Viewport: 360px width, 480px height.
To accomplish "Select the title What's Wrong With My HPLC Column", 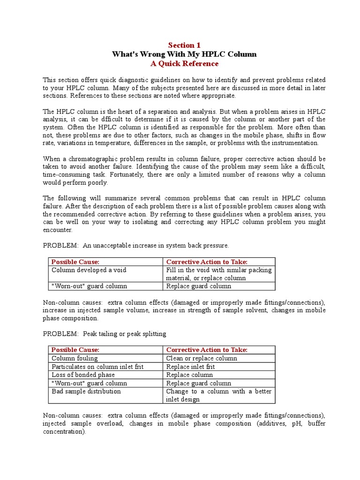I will coord(184,54).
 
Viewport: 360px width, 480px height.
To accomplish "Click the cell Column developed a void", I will coord(89,270).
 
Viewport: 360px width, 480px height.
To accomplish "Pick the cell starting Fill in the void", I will coord(218,274).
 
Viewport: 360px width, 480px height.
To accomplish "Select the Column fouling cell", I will coord(75,358).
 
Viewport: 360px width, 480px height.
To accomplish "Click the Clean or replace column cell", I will coord(202,358).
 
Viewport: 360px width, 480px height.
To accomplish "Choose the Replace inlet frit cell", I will coord(190,367).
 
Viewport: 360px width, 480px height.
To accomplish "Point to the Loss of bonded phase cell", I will coord(83,375).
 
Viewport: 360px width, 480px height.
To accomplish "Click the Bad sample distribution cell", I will coord(86,391).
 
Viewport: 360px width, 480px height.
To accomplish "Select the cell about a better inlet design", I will coord(218,395).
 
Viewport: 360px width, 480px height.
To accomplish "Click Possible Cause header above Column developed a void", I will coord(75,262).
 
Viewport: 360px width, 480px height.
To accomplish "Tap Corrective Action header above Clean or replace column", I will coord(207,350).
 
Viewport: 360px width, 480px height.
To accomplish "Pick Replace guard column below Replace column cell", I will coord(199,383).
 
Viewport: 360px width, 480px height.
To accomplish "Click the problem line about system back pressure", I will coord(136,245).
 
